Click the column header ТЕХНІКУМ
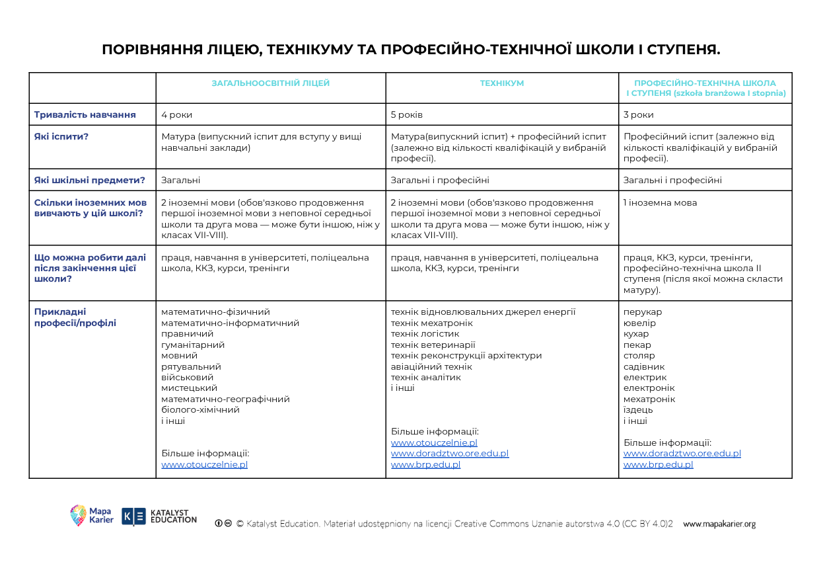pyautogui.click(x=501, y=83)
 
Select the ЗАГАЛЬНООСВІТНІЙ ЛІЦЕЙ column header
pyautogui.click(x=270, y=83)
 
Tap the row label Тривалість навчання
pyautogui.click(x=85, y=114)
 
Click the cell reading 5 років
pyautogui.click(x=407, y=114)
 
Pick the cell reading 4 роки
pyautogui.click(x=177, y=114)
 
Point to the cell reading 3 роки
pyautogui.click(x=639, y=114)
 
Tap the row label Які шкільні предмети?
pyautogui.click(x=90, y=180)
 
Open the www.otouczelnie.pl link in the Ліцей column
pyautogui.click(x=205, y=464)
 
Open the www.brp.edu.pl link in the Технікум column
pyautogui.click(x=425, y=464)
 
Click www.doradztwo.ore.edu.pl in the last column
pyautogui.click(x=682, y=454)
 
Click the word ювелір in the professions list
pyautogui.click(x=639, y=323)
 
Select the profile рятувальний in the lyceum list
pyautogui.click(x=191, y=366)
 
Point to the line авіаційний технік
pyautogui.click(x=431, y=366)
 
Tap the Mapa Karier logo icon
pyautogui.click(x=79, y=515)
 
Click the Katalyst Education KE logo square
pyautogui.click(x=133, y=516)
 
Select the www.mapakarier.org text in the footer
pyautogui.click(x=719, y=524)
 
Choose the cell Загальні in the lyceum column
pyautogui.click(x=181, y=180)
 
